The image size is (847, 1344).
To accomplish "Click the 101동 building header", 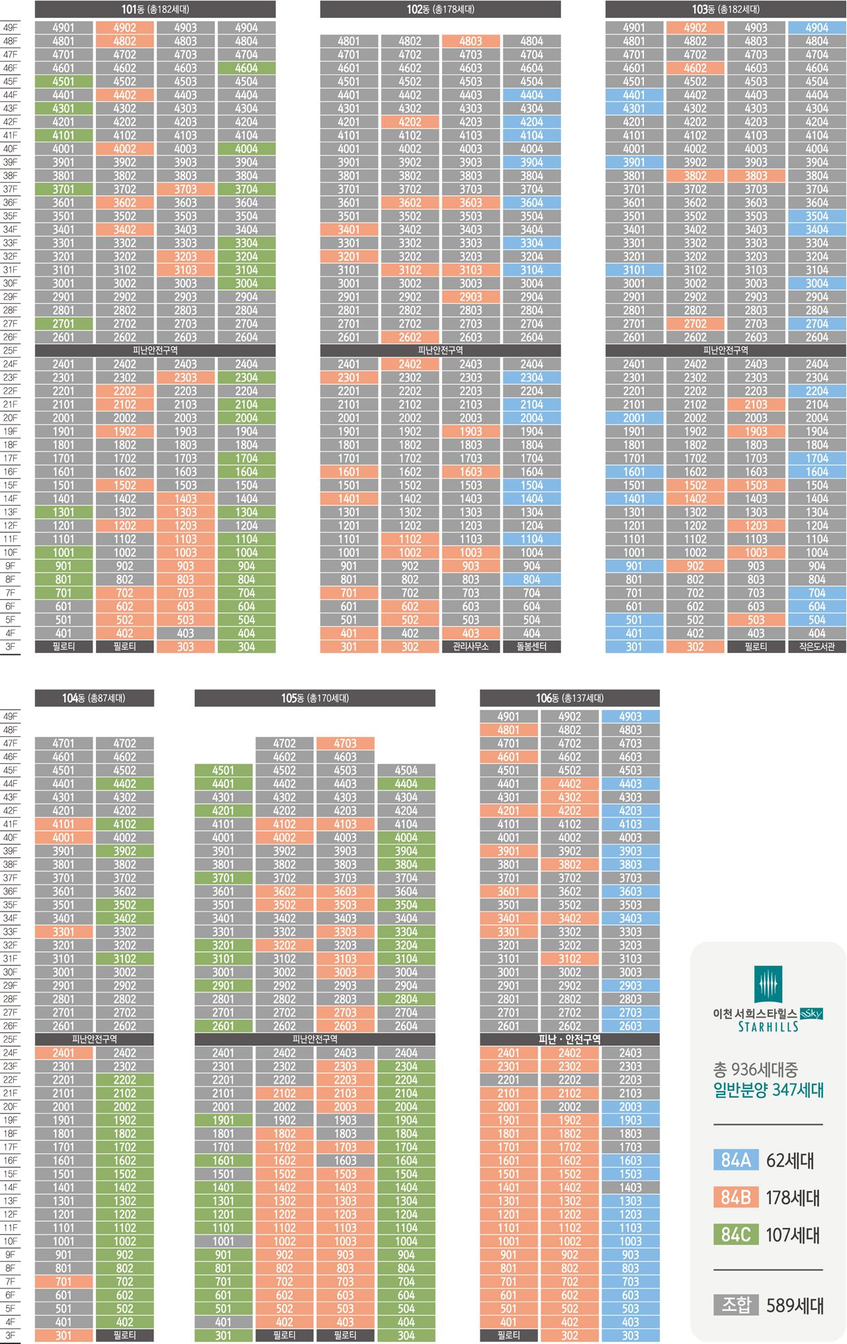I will [x=155, y=9].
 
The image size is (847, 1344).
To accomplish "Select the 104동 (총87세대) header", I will [x=94, y=698].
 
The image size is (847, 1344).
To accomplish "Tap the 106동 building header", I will [x=569, y=698].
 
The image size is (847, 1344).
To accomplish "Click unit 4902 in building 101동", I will [x=124, y=28].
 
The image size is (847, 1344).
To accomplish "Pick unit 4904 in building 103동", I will [x=817, y=28].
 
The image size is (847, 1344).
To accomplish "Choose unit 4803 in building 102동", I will [x=470, y=41].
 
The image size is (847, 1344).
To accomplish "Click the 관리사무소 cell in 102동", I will [x=470, y=646].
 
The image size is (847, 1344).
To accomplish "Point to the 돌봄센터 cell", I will [x=531, y=646].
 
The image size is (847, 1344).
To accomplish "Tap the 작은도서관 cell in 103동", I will [x=817, y=646].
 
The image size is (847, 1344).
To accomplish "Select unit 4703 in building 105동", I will [x=345, y=744].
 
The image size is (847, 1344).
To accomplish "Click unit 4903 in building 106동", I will [x=630, y=716].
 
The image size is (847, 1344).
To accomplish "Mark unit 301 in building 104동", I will [x=64, y=1335].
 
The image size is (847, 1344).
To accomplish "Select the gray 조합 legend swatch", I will [x=735, y=1305].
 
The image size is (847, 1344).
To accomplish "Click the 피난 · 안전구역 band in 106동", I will [x=569, y=1039].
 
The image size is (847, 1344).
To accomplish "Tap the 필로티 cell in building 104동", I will [x=124, y=1335].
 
